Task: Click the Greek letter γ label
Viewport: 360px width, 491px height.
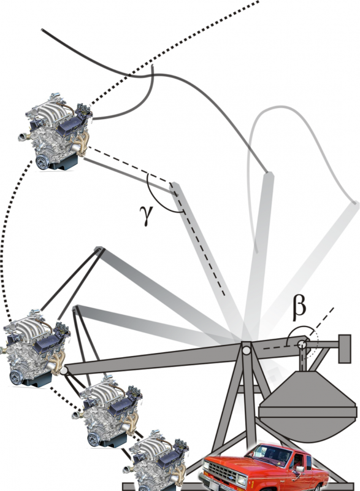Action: pyautogui.click(x=147, y=215)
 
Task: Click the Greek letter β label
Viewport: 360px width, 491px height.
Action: pyautogui.click(x=299, y=309)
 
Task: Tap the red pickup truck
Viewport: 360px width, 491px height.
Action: pyautogui.click(x=264, y=467)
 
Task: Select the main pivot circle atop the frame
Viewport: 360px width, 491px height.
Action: pyautogui.click(x=247, y=350)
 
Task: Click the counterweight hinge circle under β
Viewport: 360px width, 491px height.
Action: pyautogui.click(x=302, y=344)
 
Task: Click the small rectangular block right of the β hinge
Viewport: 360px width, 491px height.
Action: pyautogui.click(x=345, y=349)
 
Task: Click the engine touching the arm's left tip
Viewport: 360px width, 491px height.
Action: pyautogui.click(x=34, y=347)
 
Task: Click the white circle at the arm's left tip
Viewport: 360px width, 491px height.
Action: pyautogui.click(x=64, y=371)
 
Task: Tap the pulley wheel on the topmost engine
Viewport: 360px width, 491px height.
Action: pyautogui.click(x=42, y=162)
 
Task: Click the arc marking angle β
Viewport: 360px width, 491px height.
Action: pyautogui.click(x=301, y=330)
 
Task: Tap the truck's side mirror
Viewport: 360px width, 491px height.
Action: pyautogui.click(x=300, y=469)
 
